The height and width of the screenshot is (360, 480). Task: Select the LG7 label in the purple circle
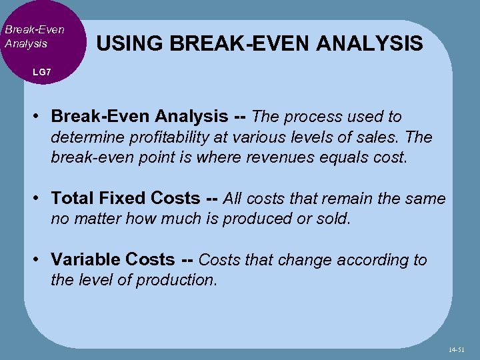(41, 71)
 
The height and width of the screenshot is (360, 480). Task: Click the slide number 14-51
(457, 349)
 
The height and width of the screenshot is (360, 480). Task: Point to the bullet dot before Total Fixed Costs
(41, 199)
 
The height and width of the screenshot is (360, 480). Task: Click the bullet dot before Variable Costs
(41, 260)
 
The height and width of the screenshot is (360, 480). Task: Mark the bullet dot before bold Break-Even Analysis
(41, 117)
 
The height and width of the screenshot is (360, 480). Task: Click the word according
(369, 260)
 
